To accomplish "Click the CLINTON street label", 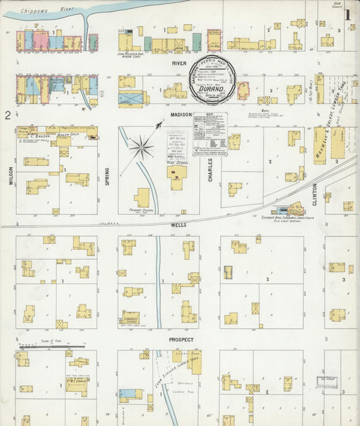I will pos(315,195).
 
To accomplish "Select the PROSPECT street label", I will pos(181,340).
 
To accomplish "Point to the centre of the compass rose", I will pos(141,145).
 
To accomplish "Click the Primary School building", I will pos(142,198).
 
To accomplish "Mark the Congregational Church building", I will pos(130,316).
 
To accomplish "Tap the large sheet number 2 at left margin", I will pos(7,115).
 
